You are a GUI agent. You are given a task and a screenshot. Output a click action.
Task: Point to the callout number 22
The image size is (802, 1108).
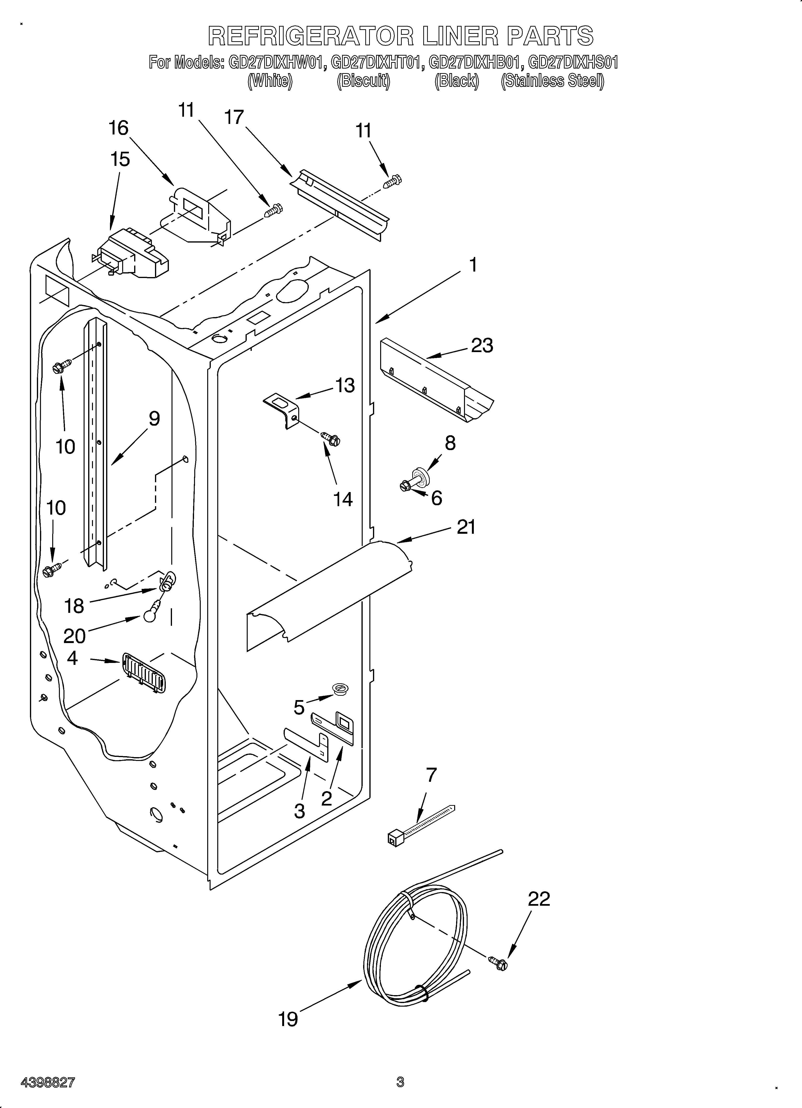pyautogui.click(x=539, y=899)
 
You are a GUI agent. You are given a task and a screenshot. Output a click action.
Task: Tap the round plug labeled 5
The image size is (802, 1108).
pyautogui.click(x=340, y=688)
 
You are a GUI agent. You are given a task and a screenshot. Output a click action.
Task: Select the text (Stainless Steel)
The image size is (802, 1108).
pyautogui.click(x=552, y=81)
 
